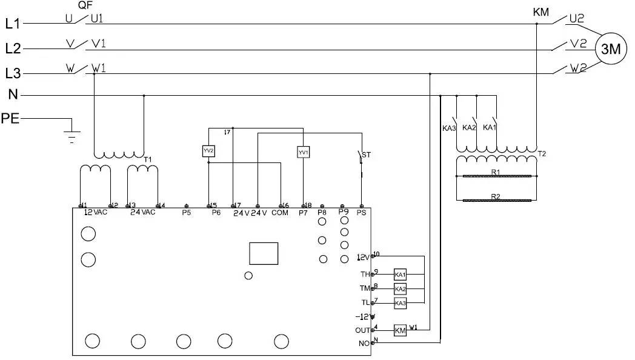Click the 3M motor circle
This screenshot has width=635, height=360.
pyautogui.click(x=611, y=50)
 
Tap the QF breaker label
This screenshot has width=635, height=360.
pyautogui.click(x=85, y=5)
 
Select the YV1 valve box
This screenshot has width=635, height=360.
pyautogui.click(x=303, y=152)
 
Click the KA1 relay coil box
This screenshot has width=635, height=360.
pyautogui.click(x=400, y=275)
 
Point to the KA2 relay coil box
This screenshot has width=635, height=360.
pyautogui.click(x=400, y=288)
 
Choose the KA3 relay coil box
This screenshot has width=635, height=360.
pyautogui.click(x=400, y=302)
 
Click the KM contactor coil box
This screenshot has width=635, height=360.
pyautogui.click(x=400, y=330)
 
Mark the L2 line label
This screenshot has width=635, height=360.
pyautogui.click(x=13, y=48)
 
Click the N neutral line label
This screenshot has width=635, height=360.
pyautogui.click(x=13, y=95)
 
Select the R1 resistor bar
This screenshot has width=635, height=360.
pyautogui.click(x=497, y=176)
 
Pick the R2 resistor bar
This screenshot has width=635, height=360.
pyautogui.click(x=497, y=200)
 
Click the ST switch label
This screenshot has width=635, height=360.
pyautogui.click(x=366, y=155)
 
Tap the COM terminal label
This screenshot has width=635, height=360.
pyautogui.click(x=280, y=213)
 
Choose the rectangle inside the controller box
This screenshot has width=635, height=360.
pyautogui.click(x=264, y=253)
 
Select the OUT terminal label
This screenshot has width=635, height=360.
pyautogui.click(x=362, y=330)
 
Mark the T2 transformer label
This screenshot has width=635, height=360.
pyautogui.click(x=542, y=154)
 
